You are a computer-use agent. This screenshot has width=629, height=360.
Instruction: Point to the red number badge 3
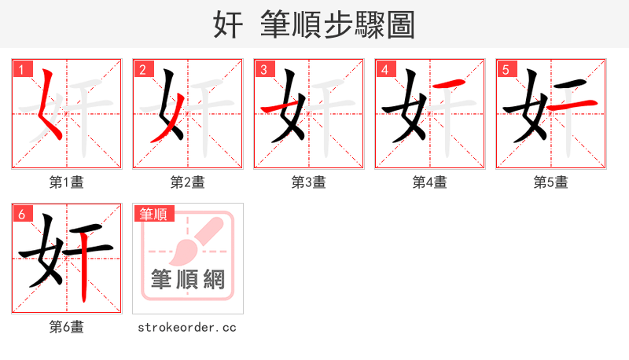click(265, 70)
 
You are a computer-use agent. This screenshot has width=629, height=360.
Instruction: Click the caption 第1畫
click(67, 182)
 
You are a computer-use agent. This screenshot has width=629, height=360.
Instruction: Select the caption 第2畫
click(188, 182)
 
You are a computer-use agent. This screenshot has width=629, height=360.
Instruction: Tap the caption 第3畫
click(309, 182)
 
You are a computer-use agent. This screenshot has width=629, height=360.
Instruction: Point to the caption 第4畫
click(430, 182)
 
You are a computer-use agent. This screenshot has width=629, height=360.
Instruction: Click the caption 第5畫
click(551, 182)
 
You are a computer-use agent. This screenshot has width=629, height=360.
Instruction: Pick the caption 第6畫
click(67, 327)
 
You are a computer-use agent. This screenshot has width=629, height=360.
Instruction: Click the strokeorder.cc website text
click(187, 327)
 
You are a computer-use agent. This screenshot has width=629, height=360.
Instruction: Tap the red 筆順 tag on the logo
click(155, 214)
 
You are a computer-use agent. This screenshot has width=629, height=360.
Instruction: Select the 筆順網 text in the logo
click(188, 279)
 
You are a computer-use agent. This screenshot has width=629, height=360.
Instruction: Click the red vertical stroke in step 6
click(85, 271)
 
